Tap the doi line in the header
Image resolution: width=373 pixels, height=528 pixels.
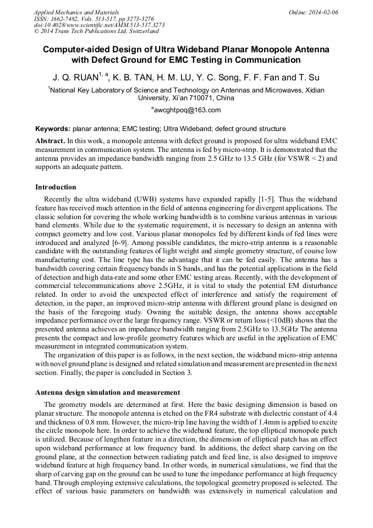(98, 25)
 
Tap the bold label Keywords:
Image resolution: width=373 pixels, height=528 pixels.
(52, 129)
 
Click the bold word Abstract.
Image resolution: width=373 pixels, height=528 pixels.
(50, 141)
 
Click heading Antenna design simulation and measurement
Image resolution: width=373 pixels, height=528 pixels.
(107, 393)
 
